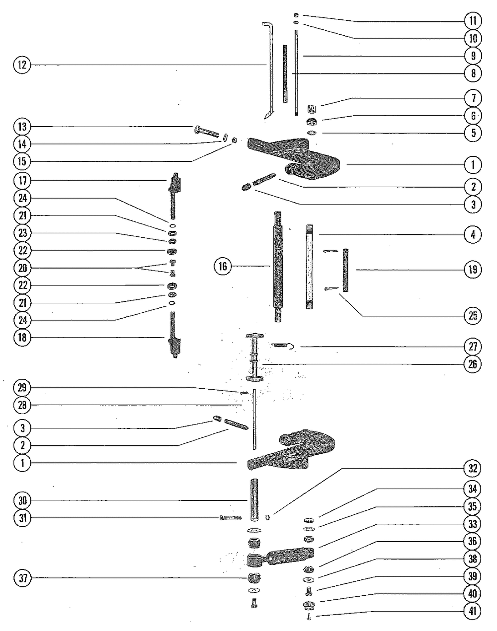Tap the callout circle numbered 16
(x=223, y=267)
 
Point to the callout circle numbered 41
(x=473, y=611)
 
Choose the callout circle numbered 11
(x=473, y=21)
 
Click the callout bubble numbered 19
(x=473, y=270)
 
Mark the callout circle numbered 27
(x=473, y=347)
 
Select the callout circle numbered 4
(x=473, y=234)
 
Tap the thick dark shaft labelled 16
(x=276, y=267)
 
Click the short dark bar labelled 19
(x=346, y=270)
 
